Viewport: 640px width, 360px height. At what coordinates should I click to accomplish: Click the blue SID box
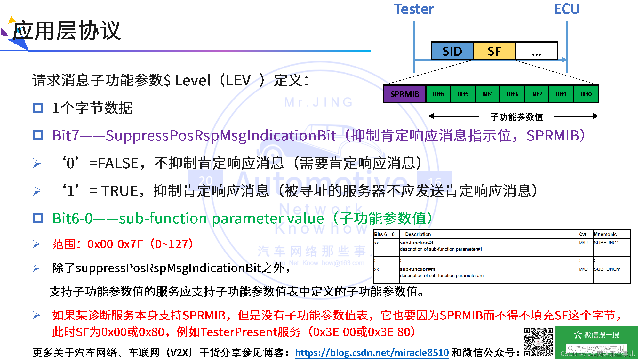(452, 51)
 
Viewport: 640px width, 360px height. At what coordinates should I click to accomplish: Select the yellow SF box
(494, 51)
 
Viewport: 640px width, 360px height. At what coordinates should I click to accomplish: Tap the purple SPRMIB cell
(405, 94)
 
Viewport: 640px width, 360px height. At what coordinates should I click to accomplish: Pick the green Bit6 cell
(438, 94)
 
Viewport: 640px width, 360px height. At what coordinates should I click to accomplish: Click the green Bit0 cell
(586, 94)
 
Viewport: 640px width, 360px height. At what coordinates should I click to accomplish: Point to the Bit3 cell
(512, 94)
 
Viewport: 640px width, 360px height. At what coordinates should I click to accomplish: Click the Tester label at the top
(414, 9)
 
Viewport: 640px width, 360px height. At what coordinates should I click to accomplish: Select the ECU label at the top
(567, 9)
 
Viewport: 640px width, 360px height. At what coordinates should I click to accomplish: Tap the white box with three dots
(536, 51)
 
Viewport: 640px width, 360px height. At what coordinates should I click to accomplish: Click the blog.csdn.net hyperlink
(372, 353)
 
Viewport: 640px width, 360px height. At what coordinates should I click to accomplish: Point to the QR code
(539, 342)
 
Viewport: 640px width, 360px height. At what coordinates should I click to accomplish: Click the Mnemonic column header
(605, 234)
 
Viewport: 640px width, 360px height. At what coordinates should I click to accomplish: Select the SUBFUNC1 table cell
(606, 243)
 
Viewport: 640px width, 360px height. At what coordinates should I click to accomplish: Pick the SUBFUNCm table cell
(607, 269)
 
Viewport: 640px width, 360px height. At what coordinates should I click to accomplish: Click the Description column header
(418, 234)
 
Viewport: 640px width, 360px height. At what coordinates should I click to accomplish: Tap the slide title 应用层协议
(67, 31)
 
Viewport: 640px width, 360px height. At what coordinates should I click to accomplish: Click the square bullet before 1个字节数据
(38, 108)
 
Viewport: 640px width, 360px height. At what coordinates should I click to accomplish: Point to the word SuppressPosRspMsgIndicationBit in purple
(221, 136)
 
